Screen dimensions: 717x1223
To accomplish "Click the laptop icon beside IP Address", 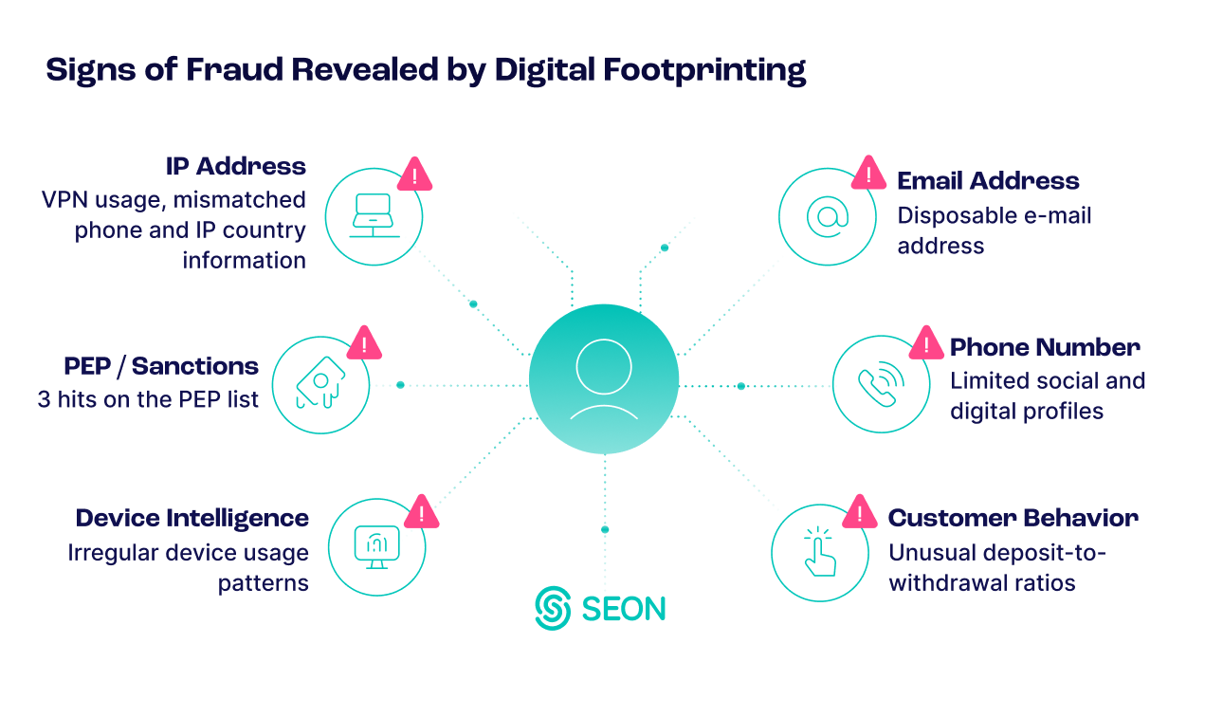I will (374, 216).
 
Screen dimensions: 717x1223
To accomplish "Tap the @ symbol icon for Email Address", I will (827, 217).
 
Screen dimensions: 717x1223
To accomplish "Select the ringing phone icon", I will (881, 384).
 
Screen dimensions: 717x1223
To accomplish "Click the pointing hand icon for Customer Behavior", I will (820, 553).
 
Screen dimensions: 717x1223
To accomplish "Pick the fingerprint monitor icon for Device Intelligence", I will (376, 547).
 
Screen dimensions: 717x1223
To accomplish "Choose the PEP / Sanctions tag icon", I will (319, 384).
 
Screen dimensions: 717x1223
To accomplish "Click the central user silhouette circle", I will (604, 379).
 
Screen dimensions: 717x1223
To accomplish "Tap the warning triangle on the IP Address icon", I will (415, 175).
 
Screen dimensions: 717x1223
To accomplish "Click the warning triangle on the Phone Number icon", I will (926, 343).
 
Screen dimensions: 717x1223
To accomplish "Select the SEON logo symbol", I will (552, 608).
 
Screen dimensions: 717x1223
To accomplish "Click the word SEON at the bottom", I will (624, 608).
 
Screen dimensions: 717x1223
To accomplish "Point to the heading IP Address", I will (235, 167).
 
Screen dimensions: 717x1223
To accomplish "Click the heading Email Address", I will (988, 181).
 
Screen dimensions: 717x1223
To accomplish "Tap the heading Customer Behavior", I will (1013, 519).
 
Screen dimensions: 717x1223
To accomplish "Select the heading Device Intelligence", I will (192, 519).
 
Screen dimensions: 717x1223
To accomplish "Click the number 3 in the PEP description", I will (45, 399).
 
